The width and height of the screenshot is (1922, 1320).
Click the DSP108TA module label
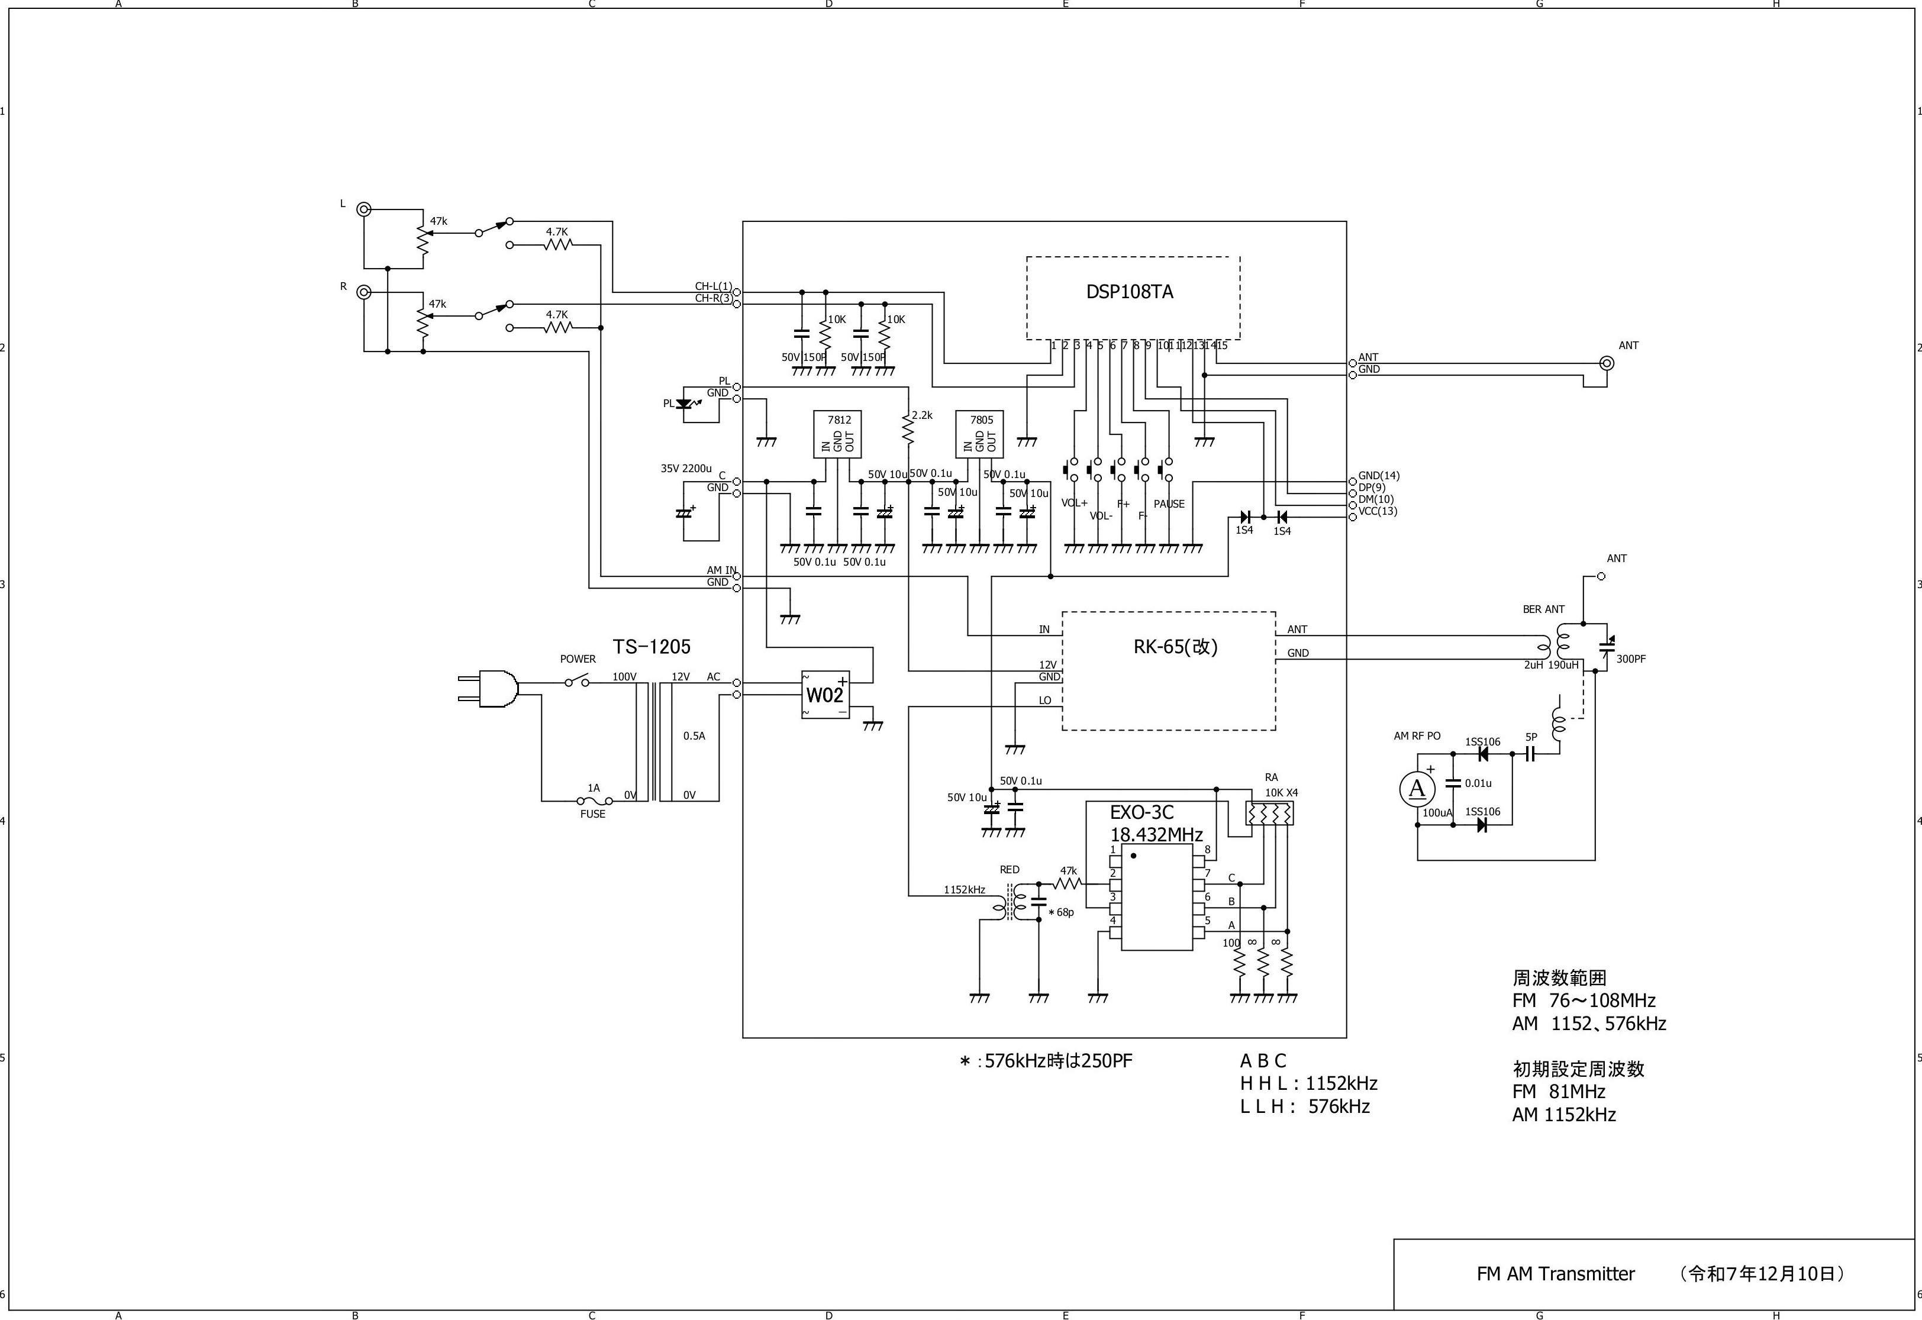[1129, 292]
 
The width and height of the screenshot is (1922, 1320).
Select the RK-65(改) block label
[1175, 647]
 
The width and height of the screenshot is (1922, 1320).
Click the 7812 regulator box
[838, 434]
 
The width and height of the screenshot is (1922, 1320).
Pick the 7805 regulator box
[980, 434]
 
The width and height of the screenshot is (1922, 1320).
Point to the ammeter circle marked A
[1417, 789]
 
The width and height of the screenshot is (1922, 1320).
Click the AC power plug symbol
[489, 689]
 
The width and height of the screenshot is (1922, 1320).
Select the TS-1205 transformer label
[651, 647]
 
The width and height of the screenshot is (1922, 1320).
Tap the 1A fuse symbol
[594, 801]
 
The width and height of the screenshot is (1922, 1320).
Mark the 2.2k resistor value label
[922, 415]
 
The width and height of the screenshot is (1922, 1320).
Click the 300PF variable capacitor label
[1631, 659]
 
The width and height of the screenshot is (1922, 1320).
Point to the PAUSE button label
[1169, 504]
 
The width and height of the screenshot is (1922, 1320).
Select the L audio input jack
[363, 209]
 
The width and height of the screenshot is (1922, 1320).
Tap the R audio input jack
[363, 292]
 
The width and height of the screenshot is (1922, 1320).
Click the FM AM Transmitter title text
[1556, 1274]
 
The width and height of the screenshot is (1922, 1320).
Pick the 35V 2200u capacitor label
[686, 468]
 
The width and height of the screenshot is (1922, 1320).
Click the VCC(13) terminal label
[1378, 511]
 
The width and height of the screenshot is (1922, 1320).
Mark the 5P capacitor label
[1531, 737]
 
